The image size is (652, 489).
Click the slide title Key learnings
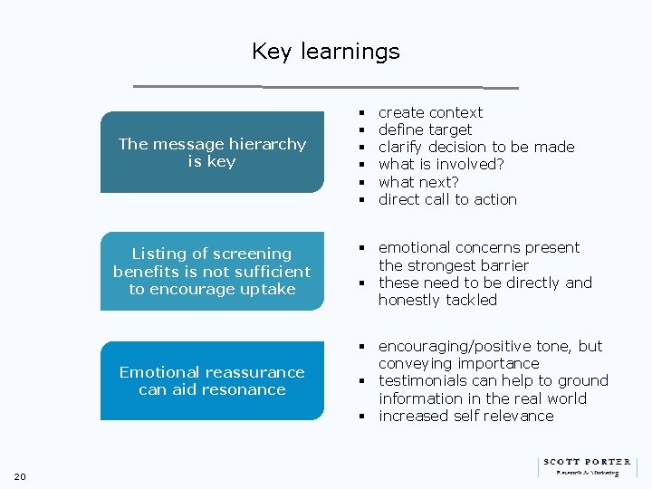pos(325,52)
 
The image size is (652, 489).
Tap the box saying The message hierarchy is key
pos(212,152)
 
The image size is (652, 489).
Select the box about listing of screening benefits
pos(212,271)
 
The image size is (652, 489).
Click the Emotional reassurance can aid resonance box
pos(212,380)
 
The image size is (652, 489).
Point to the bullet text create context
pos(430,112)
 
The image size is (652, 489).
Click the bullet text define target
pos(425,129)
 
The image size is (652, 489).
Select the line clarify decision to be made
pos(476,147)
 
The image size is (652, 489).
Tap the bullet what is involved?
pos(441,164)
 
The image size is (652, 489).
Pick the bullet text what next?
pos(417,182)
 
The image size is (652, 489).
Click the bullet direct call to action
pos(447,199)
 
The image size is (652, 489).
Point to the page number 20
pos(21,477)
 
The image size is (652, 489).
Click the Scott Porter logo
pos(586,465)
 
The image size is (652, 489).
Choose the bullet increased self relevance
pos(465,416)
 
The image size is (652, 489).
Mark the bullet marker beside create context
pos(360,113)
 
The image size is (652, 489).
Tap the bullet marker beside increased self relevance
pos(360,417)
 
